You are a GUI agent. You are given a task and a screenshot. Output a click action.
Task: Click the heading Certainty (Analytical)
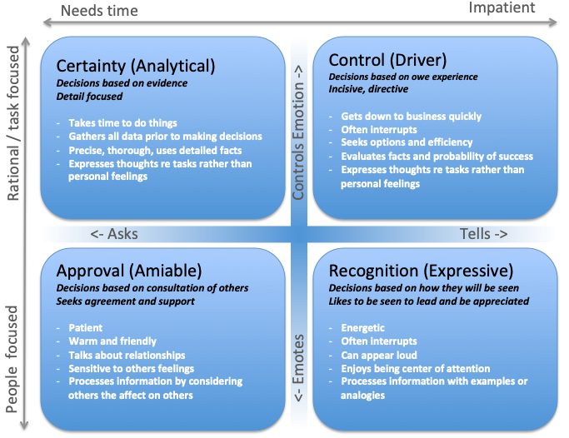pyautogui.click(x=135, y=65)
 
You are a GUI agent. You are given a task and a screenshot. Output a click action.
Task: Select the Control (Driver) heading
pyautogui.click(x=388, y=60)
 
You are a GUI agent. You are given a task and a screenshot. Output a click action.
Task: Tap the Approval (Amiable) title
pyautogui.click(x=128, y=271)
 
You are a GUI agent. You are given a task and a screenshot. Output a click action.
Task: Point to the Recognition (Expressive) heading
pyautogui.click(x=422, y=271)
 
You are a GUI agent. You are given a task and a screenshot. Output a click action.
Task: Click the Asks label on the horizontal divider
pyautogui.click(x=115, y=234)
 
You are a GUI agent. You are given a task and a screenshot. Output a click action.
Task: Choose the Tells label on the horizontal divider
pyautogui.click(x=483, y=234)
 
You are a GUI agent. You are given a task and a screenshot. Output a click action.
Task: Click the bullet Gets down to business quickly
pyautogui.click(x=411, y=117)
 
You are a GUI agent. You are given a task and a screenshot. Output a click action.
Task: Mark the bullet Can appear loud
pyautogui.click(x=382, y=355)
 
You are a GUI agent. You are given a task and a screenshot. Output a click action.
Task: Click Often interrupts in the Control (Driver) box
pyautogui.click(x=378, y=130)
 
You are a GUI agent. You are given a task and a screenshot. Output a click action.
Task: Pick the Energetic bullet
pyautogui.click(x=363, y=328)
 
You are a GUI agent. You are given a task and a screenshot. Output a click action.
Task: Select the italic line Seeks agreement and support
pyautogui.click(x=125, y=301)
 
